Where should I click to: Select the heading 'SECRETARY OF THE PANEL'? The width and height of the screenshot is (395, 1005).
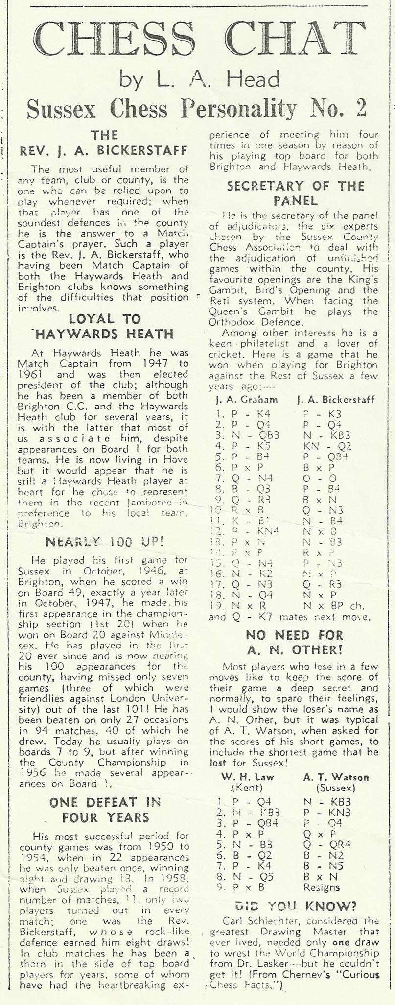click(296, 193)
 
